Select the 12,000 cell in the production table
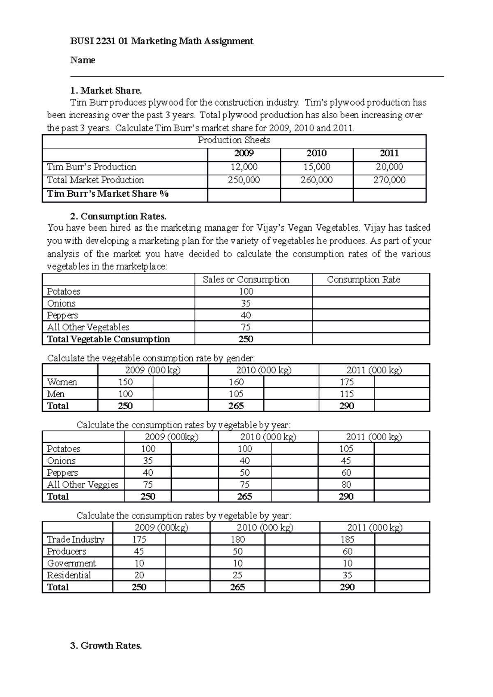pyautogui.click(x=244, y=167)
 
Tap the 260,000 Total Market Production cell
pyautogui.click(x=316, y=180)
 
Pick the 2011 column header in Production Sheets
pyautogui.click(x=389, y=154)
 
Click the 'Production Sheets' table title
pyautogui.click(x=234, y=140)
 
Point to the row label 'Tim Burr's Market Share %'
pyautogui.click(x=108, y=194)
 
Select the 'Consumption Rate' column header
pyautogui.click(x=363, y=280)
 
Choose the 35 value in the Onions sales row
pyautogui.click(x=246, y=303)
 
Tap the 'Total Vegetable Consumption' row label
pyautogui.click(x=108, y=339)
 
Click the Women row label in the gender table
pyautogui.click(x=62, y=382)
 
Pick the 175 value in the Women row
pyautogui.click(x=346, y=382)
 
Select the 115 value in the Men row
pyautogui.click(x=346, y=394)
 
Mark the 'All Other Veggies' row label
pyautogui.click(x=83, y=485)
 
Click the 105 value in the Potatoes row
pyautogui.click(x=346, y=449)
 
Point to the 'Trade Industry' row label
pyautogui.click(x=76, y=539)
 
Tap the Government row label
pyautogui.click(x=71, y=563)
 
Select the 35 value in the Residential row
pyautogui.click(x=347, y=575)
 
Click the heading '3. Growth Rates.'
pyautogui.click(x=106, y=646)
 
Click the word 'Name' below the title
pyautogui.click(x=83, y=60)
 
